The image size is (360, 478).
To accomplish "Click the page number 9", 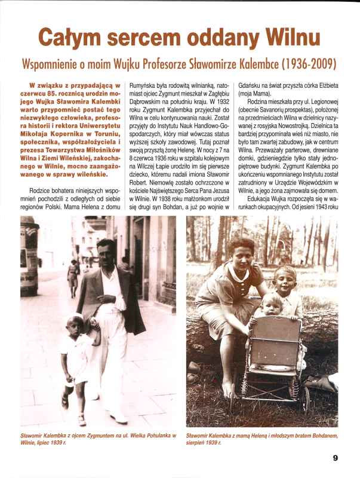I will click(336, 458).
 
